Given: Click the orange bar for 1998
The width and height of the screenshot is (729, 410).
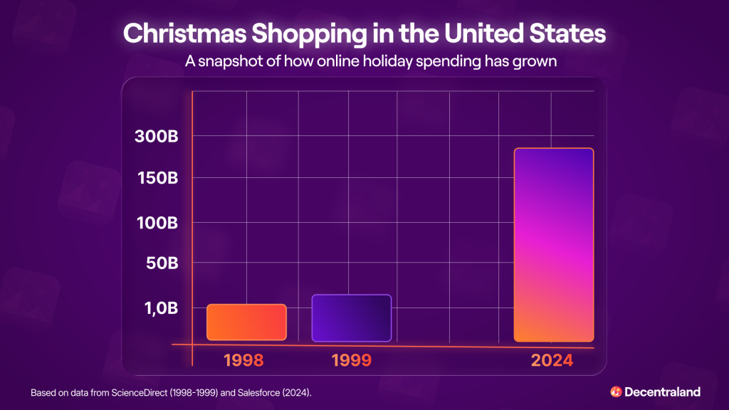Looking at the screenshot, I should point(246,322).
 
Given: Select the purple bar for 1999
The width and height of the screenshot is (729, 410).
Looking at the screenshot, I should point(351,317).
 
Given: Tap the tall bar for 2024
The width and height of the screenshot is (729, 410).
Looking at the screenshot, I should point(553,245).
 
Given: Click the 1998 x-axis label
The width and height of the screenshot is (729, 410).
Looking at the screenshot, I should point(243,360).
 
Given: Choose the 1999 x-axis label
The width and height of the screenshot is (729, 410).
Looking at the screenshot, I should point(351,360).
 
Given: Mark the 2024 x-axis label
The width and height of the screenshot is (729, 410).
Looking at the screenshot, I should point(552,360).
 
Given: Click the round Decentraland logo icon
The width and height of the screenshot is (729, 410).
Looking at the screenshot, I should point(616,391).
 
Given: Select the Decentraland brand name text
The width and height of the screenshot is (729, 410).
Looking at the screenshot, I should point(662,391).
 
